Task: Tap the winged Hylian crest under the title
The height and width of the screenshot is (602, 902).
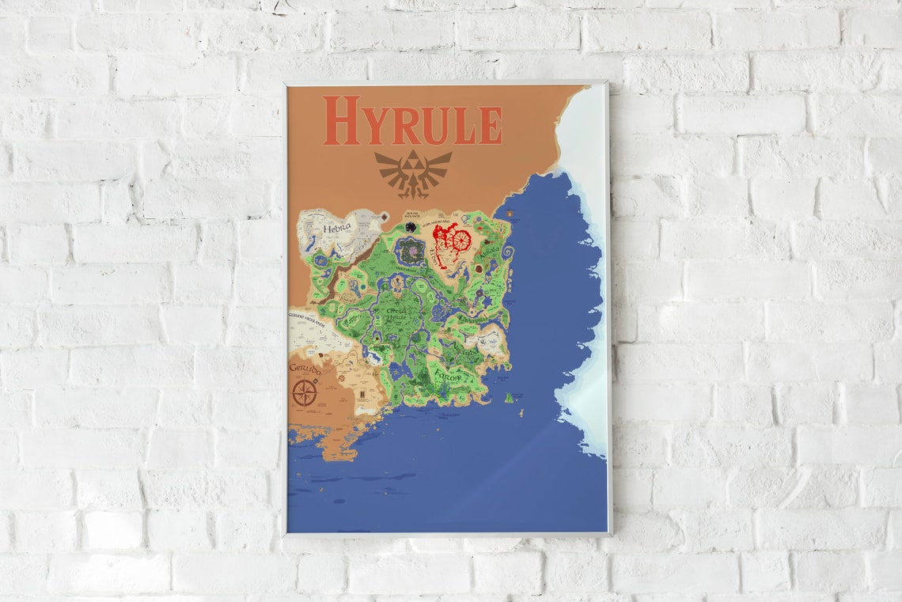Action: point(413,172)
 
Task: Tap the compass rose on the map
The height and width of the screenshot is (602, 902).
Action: point(305,393)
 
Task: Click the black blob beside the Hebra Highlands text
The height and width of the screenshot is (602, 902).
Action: point(411,226)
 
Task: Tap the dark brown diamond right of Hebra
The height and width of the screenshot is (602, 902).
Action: point(384,216)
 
